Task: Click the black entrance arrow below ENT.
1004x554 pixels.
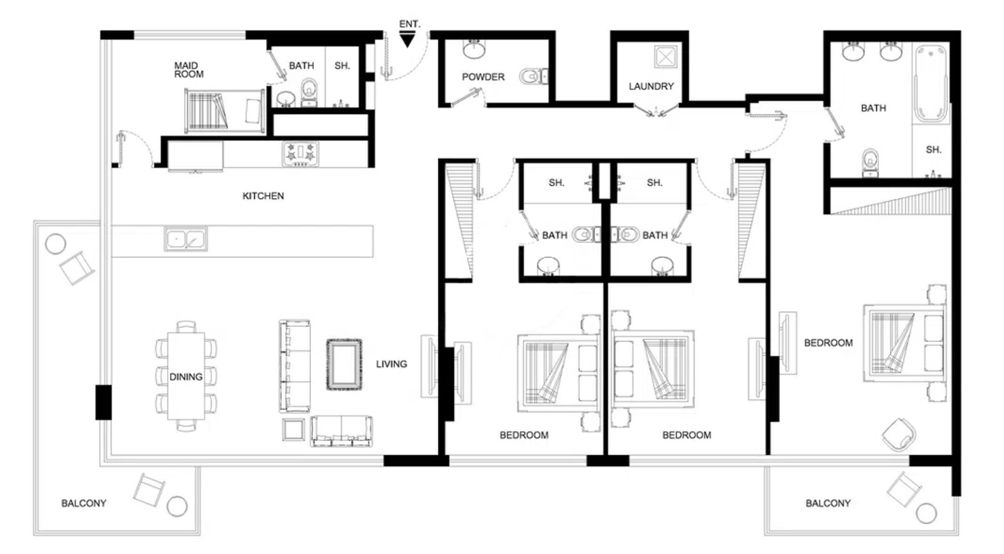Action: pyautogui.click(x=407, y=41)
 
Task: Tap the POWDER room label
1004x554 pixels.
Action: pyautogui.click(x=483, y=77)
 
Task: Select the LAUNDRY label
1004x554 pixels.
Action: pyautogui.click(x=651, y=86)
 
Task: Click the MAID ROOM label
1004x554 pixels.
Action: pyautogui.click(x=189, y=70)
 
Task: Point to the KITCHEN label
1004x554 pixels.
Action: pyautogui.click(x=263, y=196)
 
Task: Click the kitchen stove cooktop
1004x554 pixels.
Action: pyautogui.click(x=300, y=154)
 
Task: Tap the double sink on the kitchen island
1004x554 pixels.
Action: pyautogui.click(x=185, y=239)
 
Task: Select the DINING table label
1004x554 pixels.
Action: pyautogui.click(x=186, y=377)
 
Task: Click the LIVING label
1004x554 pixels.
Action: pyautogui.click(x=392, y=364)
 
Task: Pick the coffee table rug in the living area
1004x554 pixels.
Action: pyautogui.click(x=343, y=364)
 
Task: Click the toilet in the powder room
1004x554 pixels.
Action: pyautogui.click(x=533, y=76)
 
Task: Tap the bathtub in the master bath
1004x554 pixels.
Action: pyautogui.click(x=931, y=83)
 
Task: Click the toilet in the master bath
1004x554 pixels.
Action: pyautogui.click(x=870, y=163)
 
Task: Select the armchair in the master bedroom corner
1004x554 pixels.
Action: pyautogui.click(x=898, y=435)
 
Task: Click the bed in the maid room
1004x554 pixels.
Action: pyautogui.click(x=224, y=111)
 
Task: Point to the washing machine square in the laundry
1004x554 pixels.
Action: pyautogui.click(x=665, y=57)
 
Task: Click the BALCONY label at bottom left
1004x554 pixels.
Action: pyautogui.click(x=84, y=503)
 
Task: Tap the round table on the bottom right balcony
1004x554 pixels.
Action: pyautogui.click(x=926, y=513)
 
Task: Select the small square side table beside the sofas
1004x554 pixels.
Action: pyautogui.click(x=294, y=430)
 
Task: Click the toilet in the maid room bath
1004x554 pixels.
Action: pyautogui.click(x=309, y=92)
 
